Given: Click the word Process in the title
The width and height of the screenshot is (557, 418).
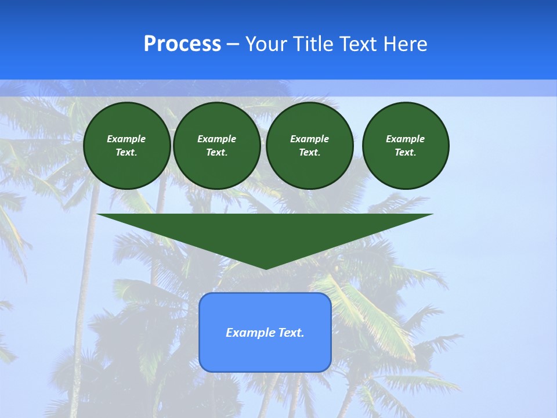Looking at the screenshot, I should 182,44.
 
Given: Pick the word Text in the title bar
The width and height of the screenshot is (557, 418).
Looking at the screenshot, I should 360,44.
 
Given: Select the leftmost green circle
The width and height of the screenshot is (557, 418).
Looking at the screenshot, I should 127,146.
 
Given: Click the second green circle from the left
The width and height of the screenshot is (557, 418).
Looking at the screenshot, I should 216,146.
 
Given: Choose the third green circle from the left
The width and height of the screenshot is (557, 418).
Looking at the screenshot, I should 309,146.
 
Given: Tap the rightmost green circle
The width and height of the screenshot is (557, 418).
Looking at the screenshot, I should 406,146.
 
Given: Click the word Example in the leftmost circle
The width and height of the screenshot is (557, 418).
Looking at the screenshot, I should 126,139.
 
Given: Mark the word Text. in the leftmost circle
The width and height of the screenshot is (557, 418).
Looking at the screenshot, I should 126,153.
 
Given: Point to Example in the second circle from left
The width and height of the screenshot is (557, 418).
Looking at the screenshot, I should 216,139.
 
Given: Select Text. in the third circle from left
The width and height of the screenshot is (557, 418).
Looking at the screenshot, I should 309,153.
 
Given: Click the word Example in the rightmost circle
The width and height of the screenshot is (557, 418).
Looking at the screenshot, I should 405,139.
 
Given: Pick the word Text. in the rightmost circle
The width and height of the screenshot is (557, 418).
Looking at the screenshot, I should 405,153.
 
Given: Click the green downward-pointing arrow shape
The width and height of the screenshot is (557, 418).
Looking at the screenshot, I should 265,235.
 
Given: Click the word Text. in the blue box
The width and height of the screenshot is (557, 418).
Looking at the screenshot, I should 291,333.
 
